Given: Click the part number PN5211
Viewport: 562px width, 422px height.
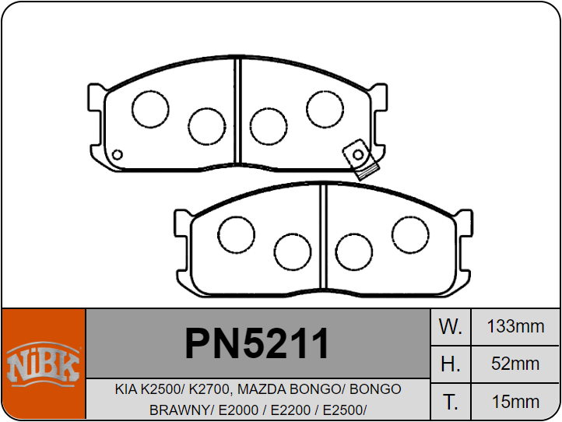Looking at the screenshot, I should [x=257, y=343].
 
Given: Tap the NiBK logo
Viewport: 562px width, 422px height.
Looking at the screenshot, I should [x=43, y=364].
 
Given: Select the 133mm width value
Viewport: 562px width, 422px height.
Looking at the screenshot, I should [x=515, y=326].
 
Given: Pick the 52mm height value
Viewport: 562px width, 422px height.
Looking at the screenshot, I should [x=515, y=364].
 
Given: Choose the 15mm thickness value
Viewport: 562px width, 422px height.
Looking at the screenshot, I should [x=515, y=402].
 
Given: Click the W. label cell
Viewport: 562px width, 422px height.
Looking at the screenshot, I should [x=451, y=326].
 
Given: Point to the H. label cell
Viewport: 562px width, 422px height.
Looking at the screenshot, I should [x=451, y=364].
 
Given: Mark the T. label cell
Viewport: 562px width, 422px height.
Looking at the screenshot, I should [x=451, y=402].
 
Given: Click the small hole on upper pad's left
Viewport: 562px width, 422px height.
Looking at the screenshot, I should [x=118, y=154].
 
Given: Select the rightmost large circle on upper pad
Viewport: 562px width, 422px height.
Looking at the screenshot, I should [x=325, y=108].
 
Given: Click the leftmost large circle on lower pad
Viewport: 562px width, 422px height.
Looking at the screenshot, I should [x=237, y=233].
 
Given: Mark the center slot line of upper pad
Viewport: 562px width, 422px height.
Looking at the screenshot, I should [x=239, y=114].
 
